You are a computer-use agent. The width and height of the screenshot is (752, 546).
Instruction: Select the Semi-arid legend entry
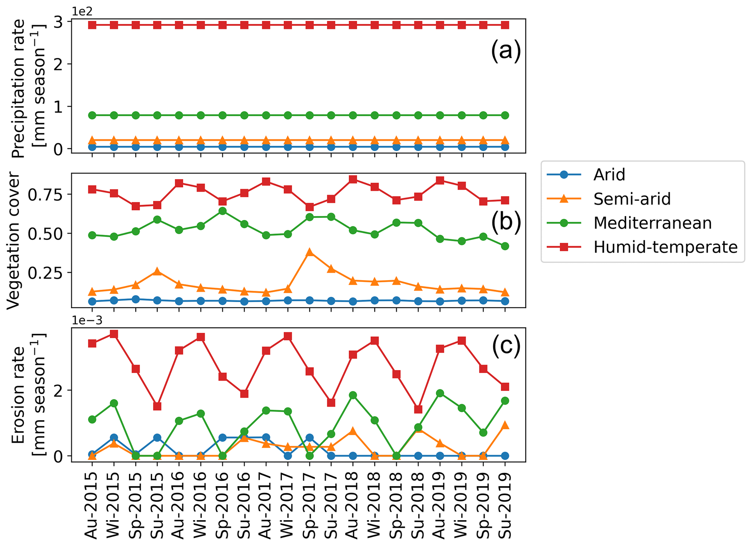click(x=632, y=199)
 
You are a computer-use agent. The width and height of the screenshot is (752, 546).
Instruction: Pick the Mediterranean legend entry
click(x=652, y=223)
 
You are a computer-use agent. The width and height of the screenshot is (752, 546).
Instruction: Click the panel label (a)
click(x=506, y=50)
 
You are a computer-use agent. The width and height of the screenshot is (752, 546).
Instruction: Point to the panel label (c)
click(x=506, y=345)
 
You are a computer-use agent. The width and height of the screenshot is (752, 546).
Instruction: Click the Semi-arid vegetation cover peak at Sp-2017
click(x=310, y=252)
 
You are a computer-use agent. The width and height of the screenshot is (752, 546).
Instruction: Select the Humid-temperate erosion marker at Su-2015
click(x=157, y=406)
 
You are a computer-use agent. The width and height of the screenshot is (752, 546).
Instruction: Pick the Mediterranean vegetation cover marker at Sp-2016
click(x=223, y=211)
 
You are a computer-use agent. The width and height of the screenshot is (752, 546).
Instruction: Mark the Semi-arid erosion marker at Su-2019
click(x=505, y=425)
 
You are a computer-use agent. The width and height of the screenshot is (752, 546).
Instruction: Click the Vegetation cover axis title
click(x=13, y=240)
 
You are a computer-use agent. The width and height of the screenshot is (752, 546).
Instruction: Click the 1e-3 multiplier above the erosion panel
click(x=87, y=321)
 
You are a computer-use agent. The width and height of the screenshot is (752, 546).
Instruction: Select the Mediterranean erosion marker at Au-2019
click(x=440, y=393)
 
